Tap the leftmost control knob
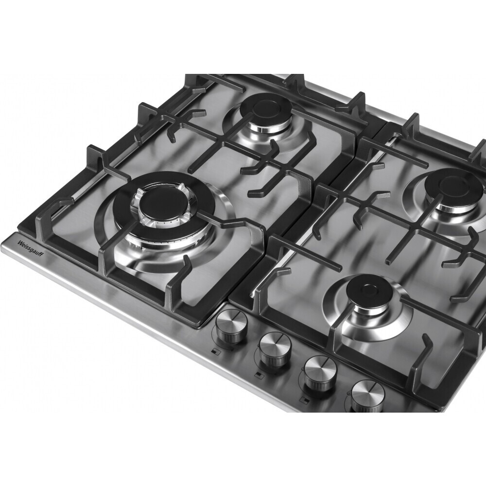(230, 327)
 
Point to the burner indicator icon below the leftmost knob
(214, 351)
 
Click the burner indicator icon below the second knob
(258, 374)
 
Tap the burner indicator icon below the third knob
(304, 400)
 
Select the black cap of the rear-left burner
(266, 108)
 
